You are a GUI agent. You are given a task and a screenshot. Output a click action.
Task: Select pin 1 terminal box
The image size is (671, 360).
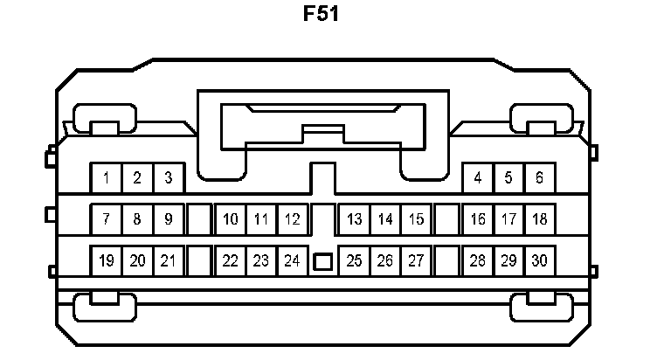tap(106, 178)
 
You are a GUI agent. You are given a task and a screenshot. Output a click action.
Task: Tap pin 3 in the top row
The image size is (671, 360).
tap(169, 178)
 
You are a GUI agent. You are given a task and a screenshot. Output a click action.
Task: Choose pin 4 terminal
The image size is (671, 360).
tap(477, 178)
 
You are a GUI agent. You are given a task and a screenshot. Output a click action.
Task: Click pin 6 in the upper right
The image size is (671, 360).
tap(540, 178)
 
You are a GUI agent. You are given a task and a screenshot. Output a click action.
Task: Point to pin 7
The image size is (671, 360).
tap(106, 219)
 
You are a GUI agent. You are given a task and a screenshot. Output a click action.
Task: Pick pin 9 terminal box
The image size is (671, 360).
tap(169, 219)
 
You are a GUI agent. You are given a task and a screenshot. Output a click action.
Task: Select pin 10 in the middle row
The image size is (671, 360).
tap(230, 219)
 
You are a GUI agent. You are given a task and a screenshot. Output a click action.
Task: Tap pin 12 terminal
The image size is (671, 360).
tap(292, 219)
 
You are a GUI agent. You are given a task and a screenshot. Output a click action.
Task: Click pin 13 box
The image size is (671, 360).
tap(354, 219)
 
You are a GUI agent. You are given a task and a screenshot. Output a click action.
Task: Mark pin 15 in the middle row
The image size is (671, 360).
tap(416, 219)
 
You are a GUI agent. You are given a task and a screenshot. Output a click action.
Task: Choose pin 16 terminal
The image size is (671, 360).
tap(477, 219)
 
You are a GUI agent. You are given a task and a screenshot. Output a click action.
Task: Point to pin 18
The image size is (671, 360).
tap(540, 219)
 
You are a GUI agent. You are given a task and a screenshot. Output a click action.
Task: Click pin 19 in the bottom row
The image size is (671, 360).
tap(106, 260)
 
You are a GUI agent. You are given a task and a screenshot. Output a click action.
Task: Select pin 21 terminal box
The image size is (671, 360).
tap(169, 260)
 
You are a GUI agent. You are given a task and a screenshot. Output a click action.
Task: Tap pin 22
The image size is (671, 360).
tap(230, 260)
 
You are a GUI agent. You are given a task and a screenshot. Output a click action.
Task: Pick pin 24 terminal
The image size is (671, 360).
tap(292, 260)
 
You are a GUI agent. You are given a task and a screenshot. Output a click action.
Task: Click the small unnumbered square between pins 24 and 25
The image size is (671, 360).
tap(322, 261)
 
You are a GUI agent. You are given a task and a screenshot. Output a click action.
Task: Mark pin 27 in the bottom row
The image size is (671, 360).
tap(416, 260)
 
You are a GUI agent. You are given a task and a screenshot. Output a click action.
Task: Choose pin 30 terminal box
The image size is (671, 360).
tap(540, 260)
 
